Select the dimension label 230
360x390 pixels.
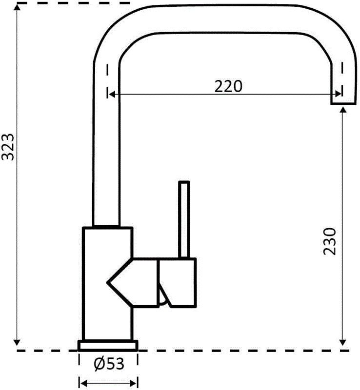click(x=330, y=241)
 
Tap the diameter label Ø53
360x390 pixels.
click(x=108, y=363)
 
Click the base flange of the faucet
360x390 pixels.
click(x=108, y=345)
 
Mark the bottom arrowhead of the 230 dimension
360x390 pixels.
click(x=343, y=342)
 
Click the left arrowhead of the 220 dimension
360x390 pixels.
click(x=112, y=94)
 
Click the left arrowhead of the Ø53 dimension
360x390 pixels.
click(x=83, y=382)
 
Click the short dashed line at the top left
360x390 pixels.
click(x=29, y=4)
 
